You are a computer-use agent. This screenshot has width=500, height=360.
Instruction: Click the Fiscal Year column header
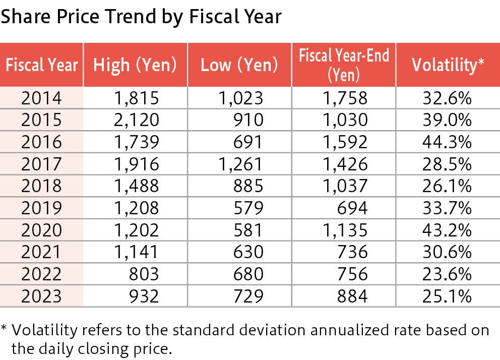(x=41, y=65)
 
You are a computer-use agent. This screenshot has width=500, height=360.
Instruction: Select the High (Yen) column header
(x=135, y=65)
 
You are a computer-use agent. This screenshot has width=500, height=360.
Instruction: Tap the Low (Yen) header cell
(x=239, y=65)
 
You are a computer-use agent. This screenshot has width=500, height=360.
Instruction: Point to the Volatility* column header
(x=448, y=65)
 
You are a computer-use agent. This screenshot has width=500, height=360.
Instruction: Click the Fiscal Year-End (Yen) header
(x=344, y=65)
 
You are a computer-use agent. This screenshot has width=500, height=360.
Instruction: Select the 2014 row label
(x=41, y=98)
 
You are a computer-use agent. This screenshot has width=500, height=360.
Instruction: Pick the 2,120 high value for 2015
(x=135, y=120)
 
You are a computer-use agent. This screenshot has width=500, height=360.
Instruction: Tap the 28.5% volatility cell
(x=447, y=164)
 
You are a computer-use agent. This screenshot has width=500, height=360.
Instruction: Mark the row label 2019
(x=41, y=208)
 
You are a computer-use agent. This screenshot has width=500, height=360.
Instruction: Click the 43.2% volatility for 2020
(x=447, y=230)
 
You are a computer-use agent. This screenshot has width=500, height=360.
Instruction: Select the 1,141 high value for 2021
(x=135, y=252)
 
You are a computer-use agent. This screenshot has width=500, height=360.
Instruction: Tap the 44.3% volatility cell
(x=447, y=142)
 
